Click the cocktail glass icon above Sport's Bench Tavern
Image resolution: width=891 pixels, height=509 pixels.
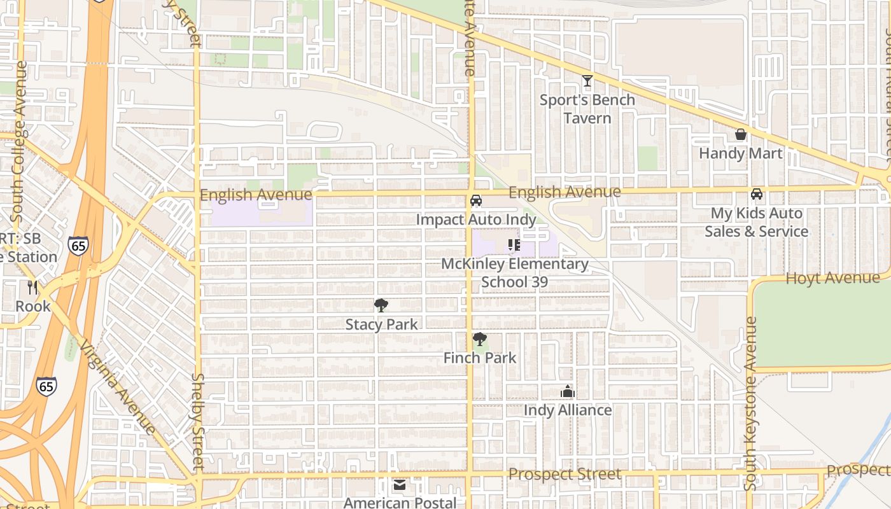coord(587,81)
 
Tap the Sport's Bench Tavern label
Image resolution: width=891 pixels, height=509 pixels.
coord(587,109)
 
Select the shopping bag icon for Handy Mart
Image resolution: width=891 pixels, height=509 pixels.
coord(740,134)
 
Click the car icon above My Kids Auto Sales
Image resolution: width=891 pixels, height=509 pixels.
coord(756,194)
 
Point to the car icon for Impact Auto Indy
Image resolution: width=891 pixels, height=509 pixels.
coord(475,200)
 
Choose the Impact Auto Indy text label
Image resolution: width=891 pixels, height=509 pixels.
coord(475,220)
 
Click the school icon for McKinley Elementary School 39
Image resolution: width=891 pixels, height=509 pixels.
coord(514,244)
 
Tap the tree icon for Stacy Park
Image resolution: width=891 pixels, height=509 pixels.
coord(381,305)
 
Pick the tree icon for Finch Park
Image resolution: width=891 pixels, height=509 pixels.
coord(479,339)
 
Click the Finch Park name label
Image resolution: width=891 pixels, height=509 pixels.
coord(479,358)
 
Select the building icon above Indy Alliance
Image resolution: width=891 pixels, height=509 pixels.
coord(567,391)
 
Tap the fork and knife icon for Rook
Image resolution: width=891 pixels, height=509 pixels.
coord(32,288)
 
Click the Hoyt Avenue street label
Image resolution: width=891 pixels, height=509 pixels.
coord(832,278)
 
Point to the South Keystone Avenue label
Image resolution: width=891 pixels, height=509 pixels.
coord(751,403)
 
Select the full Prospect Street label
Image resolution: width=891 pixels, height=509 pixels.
coord(565,474)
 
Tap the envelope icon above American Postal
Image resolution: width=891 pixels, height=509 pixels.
coord(399,485)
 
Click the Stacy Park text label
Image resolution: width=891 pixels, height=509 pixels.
coord(381,324)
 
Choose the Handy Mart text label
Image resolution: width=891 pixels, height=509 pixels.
coord(740,153)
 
